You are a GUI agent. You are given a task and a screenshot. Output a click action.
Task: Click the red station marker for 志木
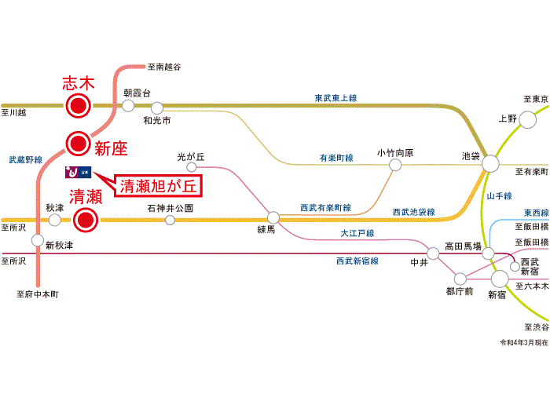[79, 105]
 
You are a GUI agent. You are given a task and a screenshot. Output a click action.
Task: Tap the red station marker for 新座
[79, 144]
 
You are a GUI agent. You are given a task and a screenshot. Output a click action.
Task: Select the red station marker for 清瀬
[85, 220]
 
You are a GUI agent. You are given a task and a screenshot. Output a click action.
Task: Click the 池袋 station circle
[490, 163]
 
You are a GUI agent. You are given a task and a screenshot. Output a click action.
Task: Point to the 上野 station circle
[527, 120]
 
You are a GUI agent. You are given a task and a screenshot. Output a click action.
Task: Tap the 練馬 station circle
[273, 217]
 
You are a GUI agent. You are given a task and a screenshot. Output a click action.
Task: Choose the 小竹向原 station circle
[395, 165]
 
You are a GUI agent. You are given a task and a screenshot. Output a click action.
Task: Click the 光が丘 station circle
[191, 166]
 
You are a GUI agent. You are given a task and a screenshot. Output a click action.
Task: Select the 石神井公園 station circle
[170, 220]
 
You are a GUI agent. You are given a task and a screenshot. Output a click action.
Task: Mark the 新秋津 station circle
[38, 240]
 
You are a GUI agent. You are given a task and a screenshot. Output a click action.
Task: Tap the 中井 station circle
[433, 253]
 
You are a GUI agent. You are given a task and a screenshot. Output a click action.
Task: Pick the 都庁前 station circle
[460, 279]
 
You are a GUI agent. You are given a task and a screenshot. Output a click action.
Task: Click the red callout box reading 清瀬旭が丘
[158, 186]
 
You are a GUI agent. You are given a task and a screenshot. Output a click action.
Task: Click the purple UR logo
[79, 172]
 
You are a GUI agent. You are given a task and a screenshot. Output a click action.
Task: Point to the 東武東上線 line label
[335, 98]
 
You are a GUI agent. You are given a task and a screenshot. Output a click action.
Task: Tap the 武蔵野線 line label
[26, 160]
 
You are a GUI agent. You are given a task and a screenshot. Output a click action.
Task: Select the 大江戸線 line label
[357, 233]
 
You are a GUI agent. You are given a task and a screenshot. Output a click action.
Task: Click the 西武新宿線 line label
[357, 261]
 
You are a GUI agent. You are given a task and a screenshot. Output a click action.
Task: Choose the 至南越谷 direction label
[164, 67]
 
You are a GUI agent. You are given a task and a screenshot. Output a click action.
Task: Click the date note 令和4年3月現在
[524, 342]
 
